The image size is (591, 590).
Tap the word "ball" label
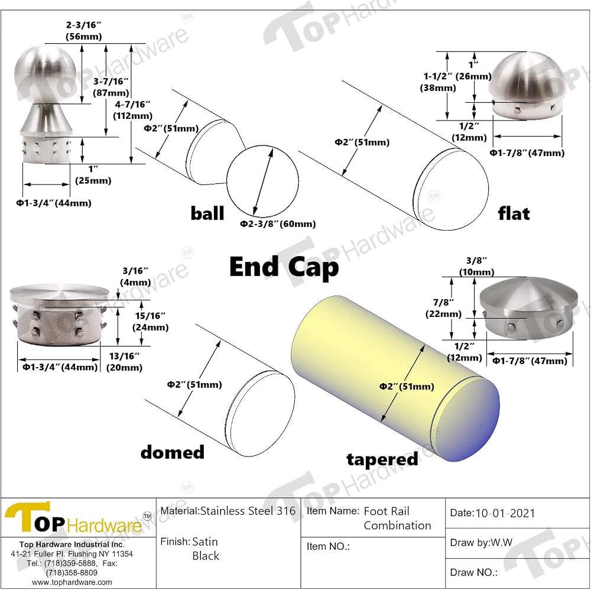coord(207,213)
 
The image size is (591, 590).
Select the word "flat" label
coord(514,213)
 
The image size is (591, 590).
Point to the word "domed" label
coord(172,452)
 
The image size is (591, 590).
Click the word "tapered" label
coord(382,459)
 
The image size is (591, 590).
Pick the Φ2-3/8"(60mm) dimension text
coord(278,224)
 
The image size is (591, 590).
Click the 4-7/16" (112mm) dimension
coord(133,110)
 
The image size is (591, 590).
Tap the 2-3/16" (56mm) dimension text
coord(84,31)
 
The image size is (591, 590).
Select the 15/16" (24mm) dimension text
coord(150,321)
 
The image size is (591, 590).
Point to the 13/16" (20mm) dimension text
coord(124,362)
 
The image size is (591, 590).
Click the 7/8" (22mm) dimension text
coord(443,308)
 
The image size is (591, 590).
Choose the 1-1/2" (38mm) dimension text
coord(438,82)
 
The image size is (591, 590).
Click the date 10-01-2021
coord(505,513)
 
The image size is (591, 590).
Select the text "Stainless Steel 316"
coord(248,511)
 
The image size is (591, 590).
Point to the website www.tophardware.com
coord(72,582)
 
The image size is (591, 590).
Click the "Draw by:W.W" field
coord(481,543)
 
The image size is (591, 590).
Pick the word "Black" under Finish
coord(206,556)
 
